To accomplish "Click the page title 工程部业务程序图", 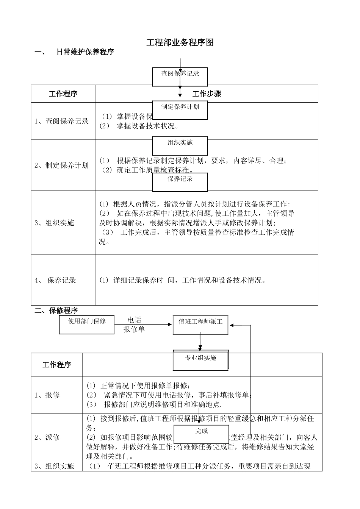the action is (180, 43).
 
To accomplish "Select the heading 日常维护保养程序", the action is (85, 52).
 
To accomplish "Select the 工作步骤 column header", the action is (207, 94).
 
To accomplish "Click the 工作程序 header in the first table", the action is (63, 94).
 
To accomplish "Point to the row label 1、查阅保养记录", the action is (61, 122).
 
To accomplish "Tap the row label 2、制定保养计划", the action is (61, 166).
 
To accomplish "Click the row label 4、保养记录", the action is (55, 281).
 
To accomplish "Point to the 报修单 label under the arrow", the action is (134, 329).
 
